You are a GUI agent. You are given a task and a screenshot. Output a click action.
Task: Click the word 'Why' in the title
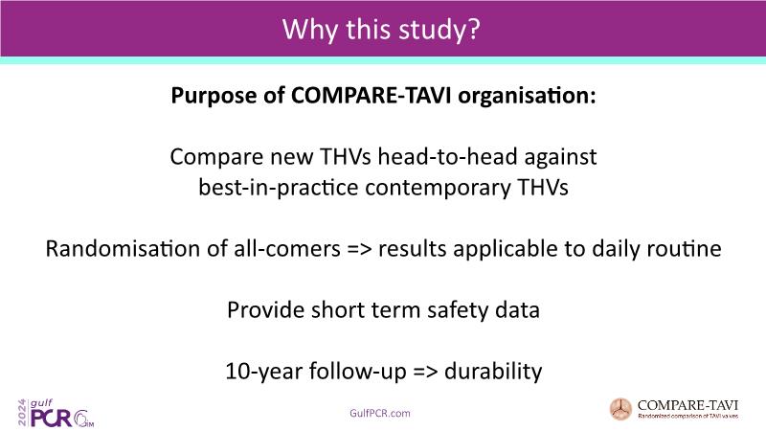[309, 30]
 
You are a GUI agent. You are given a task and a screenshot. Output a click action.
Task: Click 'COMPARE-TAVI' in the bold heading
[372, 95]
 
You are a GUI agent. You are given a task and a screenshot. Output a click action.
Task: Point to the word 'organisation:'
[528, 95]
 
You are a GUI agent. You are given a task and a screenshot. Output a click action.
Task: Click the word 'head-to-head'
[447, 157]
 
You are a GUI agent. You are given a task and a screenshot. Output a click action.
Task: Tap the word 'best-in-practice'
[279, 188]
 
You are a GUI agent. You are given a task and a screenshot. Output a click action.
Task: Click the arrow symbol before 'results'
[359, 249]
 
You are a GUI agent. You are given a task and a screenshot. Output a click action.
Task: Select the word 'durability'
[493, 372]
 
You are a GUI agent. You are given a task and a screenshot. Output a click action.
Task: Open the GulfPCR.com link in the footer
[379, 414]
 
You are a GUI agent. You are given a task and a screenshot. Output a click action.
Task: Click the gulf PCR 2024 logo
[56, 414]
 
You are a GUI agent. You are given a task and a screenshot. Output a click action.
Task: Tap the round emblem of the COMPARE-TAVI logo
[620, 409]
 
